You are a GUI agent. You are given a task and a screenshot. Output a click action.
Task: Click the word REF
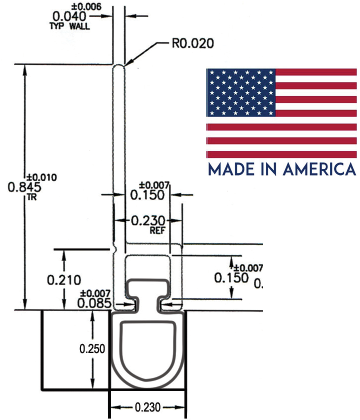coord(157,231)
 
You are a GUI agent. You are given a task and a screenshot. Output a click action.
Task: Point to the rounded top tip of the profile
coord(118,67)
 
